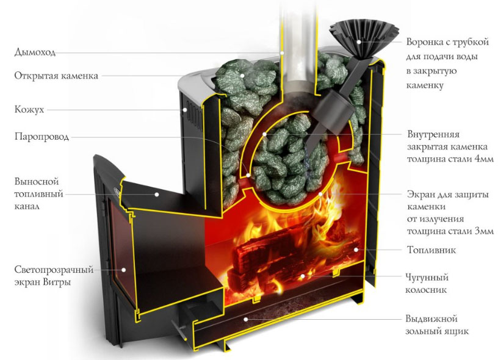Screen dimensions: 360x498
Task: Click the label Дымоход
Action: [x=35, y=52]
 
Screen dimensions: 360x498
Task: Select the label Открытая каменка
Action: [x=56, y=76]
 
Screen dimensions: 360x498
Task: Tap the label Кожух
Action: [x=29, y=110]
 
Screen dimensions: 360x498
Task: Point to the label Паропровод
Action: [x=41, y=136]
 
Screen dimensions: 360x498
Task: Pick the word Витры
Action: [x=59, y=283]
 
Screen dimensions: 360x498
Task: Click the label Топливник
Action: [x=431, y=250]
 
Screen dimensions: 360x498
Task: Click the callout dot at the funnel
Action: [x=359, y=42]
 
